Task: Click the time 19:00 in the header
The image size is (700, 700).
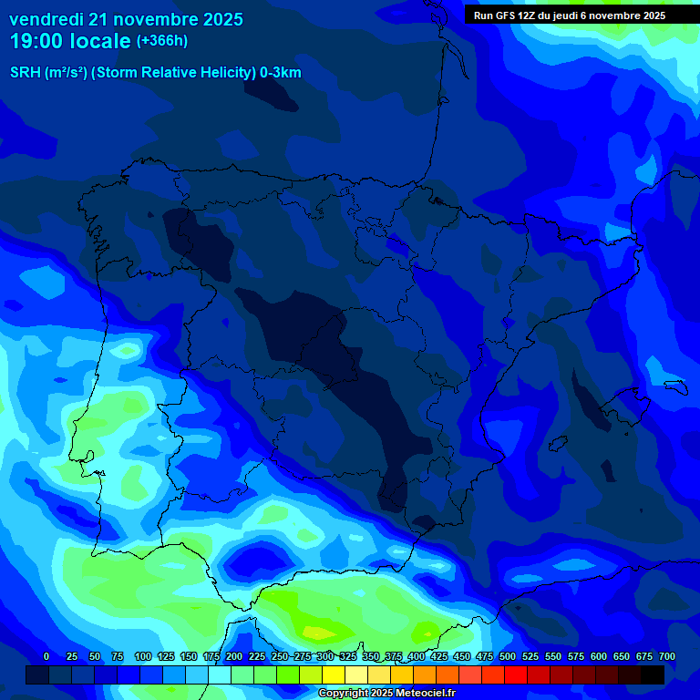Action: click(x=36, y=41)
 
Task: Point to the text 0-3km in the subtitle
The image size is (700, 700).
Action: click(x=280, y=73)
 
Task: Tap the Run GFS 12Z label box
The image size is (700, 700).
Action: click(x=570, y=15)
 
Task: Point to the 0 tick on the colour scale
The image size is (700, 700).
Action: click(x=46, y=656)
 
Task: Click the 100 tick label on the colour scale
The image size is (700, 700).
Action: click(x=143, y=656)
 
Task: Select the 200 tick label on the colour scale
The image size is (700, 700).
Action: click(x=234, y=656)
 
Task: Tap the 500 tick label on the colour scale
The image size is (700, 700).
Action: click(x=508, y=656)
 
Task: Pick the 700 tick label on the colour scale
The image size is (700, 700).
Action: click(x=666, y=656)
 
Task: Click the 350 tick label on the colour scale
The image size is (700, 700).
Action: click(x=371, y=656)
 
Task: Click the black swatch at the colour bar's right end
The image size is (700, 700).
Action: click(x=653, y=674)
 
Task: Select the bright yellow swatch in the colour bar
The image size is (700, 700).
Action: click(x=334, y=674)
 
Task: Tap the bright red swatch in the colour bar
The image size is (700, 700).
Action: click(x=516, y=674)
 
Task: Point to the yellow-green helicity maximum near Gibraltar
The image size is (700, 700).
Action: click(x=319, y=632)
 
